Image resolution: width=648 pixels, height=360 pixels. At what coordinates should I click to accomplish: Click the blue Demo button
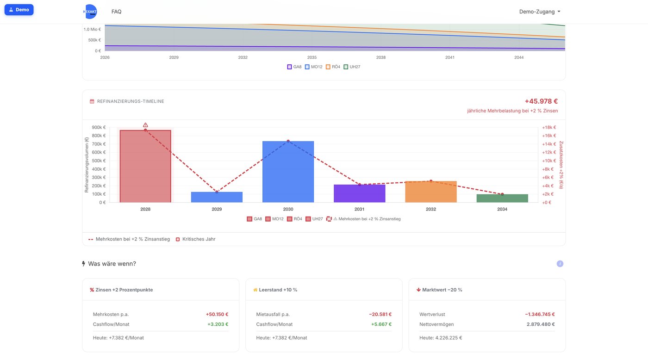pos(19,10)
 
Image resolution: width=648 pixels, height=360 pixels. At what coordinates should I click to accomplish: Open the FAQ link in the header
pos(116,12)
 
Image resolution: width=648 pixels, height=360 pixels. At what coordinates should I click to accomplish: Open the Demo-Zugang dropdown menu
pos(540,12)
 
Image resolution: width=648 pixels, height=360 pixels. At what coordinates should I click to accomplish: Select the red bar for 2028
pos(145,166)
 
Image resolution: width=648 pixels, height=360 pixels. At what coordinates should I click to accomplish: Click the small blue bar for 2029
pos(217,197)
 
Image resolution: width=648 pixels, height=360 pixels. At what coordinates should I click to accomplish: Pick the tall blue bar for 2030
pos(288,172)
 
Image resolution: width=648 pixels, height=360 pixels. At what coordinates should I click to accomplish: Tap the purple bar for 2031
pos(360,193)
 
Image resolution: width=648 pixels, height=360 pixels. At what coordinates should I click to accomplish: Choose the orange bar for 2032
pos(431,192)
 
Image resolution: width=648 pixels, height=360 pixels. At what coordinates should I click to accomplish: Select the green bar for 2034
pos(502,199)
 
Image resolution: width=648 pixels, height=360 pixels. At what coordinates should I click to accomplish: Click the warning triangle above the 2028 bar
pos(145,125)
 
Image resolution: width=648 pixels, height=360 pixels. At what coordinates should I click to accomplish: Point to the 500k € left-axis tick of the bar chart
pos(99,161)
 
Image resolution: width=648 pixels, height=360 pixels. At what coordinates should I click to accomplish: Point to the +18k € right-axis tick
pos(549,128)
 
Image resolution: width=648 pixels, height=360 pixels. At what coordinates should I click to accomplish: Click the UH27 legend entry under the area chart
pos(352,67)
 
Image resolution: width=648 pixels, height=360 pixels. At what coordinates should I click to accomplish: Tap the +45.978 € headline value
pos(541,101)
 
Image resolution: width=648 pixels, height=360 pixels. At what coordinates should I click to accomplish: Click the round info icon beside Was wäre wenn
pos(560,264)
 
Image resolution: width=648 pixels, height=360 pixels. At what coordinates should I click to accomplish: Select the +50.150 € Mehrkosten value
pos(217,314)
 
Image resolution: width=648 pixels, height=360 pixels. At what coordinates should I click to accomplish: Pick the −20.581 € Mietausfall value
pos(380,314)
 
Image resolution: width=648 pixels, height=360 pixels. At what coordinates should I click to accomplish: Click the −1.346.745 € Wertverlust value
pos(540,314)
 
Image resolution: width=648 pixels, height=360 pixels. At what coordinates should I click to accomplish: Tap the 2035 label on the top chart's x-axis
pos(312,57)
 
